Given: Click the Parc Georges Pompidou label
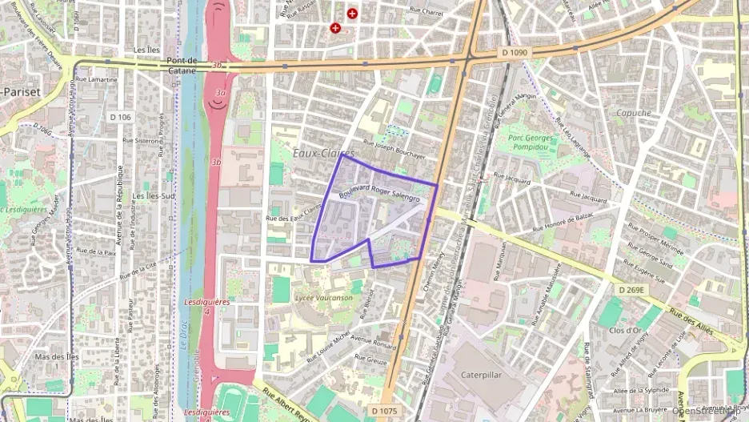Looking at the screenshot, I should coord(534,142).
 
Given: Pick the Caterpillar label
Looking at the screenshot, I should coord(484,374).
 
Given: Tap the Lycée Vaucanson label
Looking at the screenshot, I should coord(323,298).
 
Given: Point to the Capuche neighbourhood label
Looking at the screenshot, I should coord(634,113).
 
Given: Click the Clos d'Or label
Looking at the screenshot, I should coord(627,330).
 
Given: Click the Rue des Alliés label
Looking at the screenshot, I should coord(690,319).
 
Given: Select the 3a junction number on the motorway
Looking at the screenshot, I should coord(219,93).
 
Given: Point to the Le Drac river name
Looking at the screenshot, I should coord(183,344).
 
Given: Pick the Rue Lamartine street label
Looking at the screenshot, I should coord(98,80).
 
